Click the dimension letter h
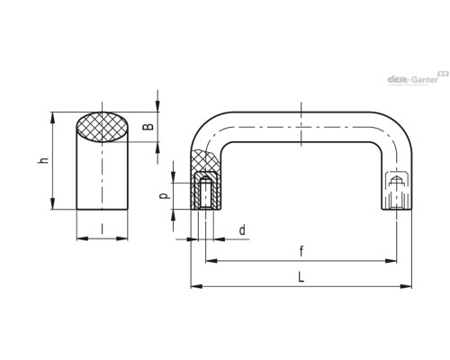coord(44,160)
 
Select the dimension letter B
coord(148,127)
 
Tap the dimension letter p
coord(165,196)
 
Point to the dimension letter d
coord(242,230)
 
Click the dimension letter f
coord(301,251)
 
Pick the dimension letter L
coord(301,276)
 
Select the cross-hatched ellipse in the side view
coord(102,127)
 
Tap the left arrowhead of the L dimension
coord(196,286)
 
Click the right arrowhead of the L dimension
coord(407,286)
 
